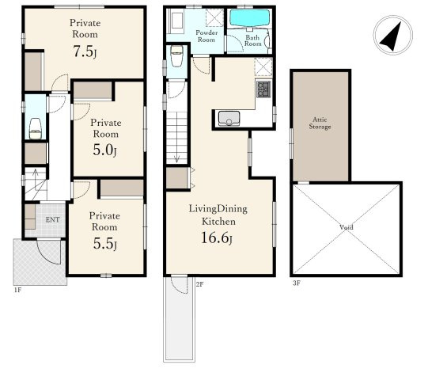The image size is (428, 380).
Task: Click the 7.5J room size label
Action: [x=85, y=51]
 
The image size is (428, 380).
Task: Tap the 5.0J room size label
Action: [x=104, y=150]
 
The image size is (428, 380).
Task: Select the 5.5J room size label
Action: [x=105, y=243]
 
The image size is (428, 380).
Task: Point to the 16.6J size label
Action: [x=217, y=237]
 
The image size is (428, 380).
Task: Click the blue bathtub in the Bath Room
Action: [x=250, y=18]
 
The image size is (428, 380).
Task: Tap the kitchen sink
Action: [x=229, y=119]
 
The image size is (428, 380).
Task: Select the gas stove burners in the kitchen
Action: [x=263, y=89]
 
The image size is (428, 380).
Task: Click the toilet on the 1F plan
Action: [x=36, y=129]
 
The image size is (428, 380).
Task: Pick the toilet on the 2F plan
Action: [x=176, y=56]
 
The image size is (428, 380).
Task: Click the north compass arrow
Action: [x=392, y=37]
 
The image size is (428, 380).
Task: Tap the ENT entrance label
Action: [x=52, y=220]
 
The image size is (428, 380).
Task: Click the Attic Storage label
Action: [x=320, y=123]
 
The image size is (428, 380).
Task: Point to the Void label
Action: [x=347, y=227]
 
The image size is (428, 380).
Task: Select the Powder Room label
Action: [x=206, y=36]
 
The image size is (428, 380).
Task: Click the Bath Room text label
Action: [x=252, y=40]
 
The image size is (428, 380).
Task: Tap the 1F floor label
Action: [x=17, y=290]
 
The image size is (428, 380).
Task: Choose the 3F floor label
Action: [x=297, y=283]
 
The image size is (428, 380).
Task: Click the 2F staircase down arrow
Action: [x=176, y=158]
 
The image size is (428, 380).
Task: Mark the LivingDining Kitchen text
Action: [x=218, y=215]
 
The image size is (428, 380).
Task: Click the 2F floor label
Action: [x=200, y=284]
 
